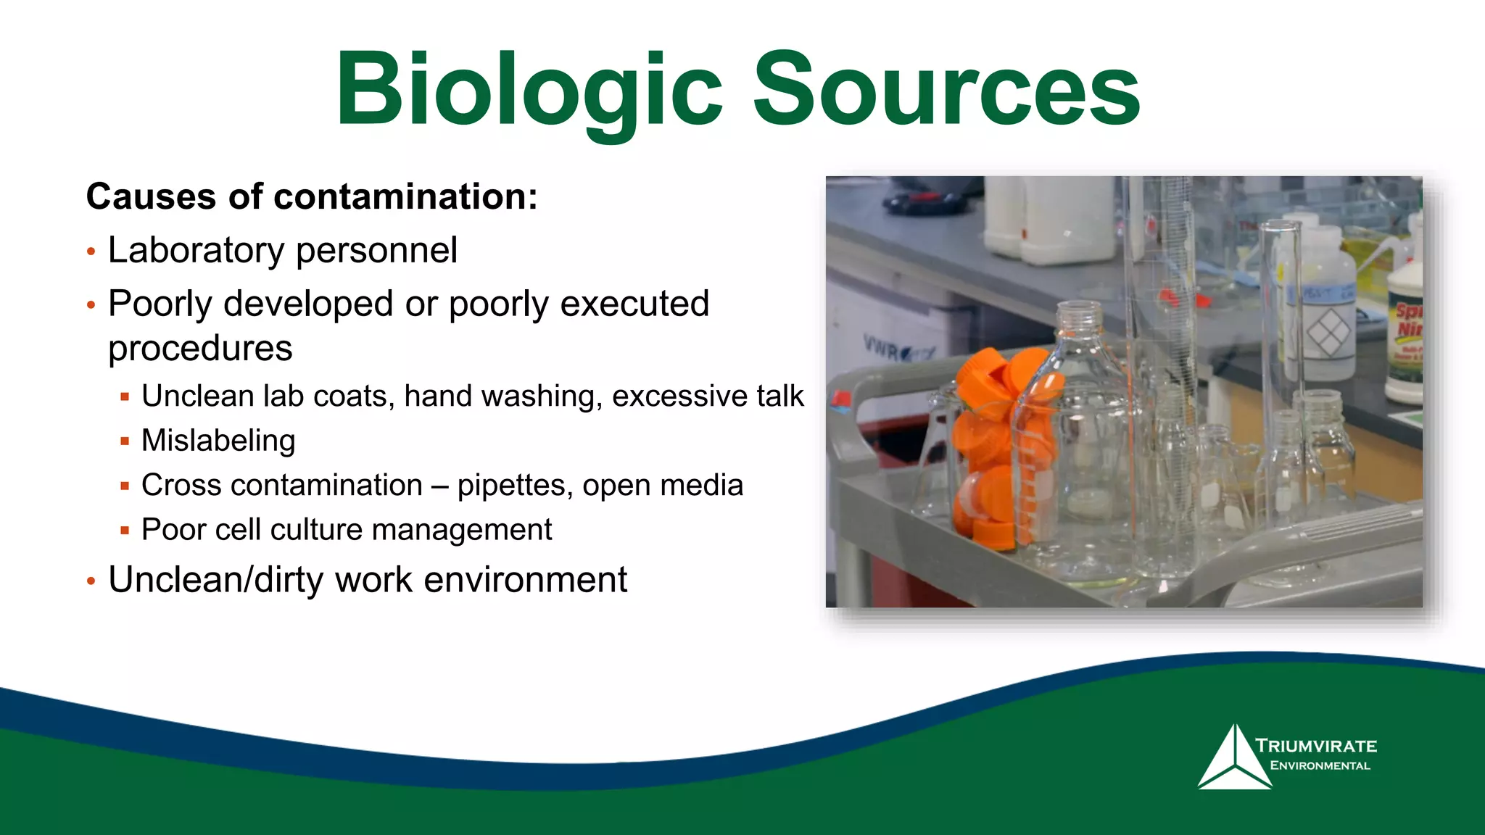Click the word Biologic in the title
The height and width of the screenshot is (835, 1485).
(x=528, y=91)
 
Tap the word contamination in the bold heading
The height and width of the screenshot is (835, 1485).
(x=406, y=197)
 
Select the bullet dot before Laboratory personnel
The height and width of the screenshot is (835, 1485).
(x=91, y=252)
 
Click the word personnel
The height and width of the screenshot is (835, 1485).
(x=376, y=251)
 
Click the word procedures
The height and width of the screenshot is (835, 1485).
(x=200, y=349)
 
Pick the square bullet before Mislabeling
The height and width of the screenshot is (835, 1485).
(x=125, y=441)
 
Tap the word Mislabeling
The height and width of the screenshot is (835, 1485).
(x=218, y=441)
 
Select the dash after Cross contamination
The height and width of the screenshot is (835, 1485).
(x=439, y=486)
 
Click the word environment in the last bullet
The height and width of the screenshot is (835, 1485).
(x=525, y=580)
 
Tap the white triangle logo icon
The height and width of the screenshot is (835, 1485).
(x=1233, y=761)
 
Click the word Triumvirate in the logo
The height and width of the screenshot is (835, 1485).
(x=1316, y=746)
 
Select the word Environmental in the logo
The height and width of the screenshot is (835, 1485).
(x=1320, y=765)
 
